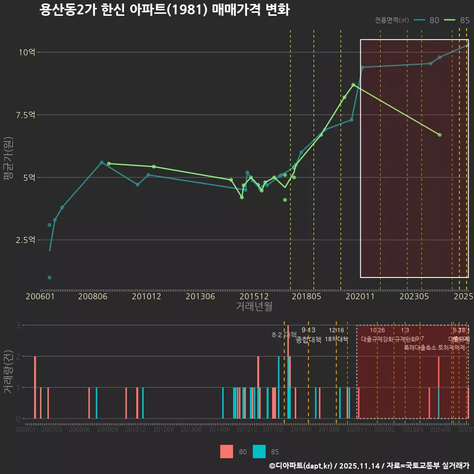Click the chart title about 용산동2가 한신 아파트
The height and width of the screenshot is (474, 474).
pyautogui.click(x=164, y=10)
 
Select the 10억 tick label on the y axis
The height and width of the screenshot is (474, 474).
pyautogui.click(x=28, y=52)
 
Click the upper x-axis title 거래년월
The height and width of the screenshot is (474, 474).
pyautogui.click(x=254, y=306)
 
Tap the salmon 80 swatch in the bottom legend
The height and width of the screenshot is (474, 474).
pyautogui.click(x=227, y=451)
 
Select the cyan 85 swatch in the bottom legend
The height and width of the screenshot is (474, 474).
pyautogui.click(x=259, y=451)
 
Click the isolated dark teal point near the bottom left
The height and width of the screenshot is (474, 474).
pyautogui.click(x=49, y=277)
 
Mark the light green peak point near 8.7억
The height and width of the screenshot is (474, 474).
pyautogui.click(x=353, y=85)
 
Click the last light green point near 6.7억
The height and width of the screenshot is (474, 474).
pyautogui.click(x=439, y=135)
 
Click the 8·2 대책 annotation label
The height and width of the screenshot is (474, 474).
pyautogui.click(x=284, y=334)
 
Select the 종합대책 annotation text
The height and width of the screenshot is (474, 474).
pyautogui.click(x=309, y=340)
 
